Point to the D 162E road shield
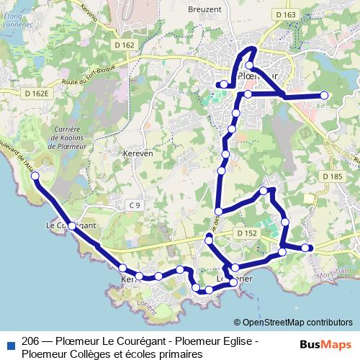pyautogui.click(x=35, y=93)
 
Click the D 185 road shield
pyautogui.click(x=332, y=176)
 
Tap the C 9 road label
pyautogui.click(x=135, y=206)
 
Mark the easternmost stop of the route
pyautogui.click(x=324, y=95)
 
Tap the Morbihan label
pyautogui.click(x=332, y=271)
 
